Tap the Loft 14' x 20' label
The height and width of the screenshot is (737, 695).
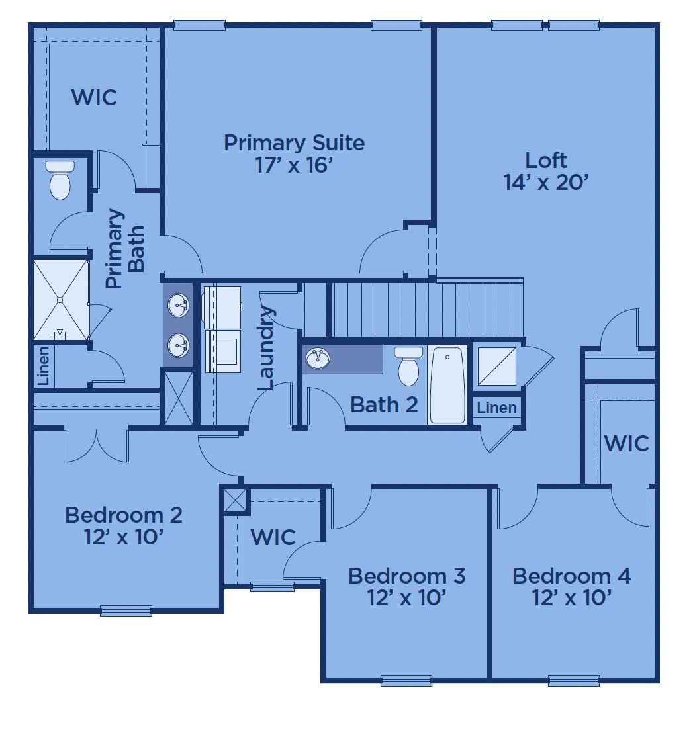pos(545,171)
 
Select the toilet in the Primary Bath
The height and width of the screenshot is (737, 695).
pos(60,180)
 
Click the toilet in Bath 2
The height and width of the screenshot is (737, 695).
pos(408,366)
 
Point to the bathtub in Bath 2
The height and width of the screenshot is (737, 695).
pos(447,385)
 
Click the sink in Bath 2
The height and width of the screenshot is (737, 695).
pos(318,358)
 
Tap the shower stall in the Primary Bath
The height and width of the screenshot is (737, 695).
pos(60,300)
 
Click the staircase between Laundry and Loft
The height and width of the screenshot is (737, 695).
pos(428,308)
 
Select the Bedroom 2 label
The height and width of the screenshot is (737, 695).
pos(124,515)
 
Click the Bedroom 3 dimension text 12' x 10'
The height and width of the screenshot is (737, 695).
pos(407,598)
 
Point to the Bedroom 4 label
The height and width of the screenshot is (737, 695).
pos(571,576)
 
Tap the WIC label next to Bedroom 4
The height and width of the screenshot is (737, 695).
pos(626,443)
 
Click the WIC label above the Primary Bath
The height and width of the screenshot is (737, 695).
pos(94,97)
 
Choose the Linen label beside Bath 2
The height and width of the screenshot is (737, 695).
pos(496,408)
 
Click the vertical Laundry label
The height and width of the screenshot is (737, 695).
pos(266,348)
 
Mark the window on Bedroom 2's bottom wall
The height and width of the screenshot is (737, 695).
pos(126,611)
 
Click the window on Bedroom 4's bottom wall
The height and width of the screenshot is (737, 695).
pos(574,681)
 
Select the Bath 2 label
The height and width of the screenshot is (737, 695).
pos(384,405)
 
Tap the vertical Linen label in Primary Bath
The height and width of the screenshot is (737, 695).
pos(43,366)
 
